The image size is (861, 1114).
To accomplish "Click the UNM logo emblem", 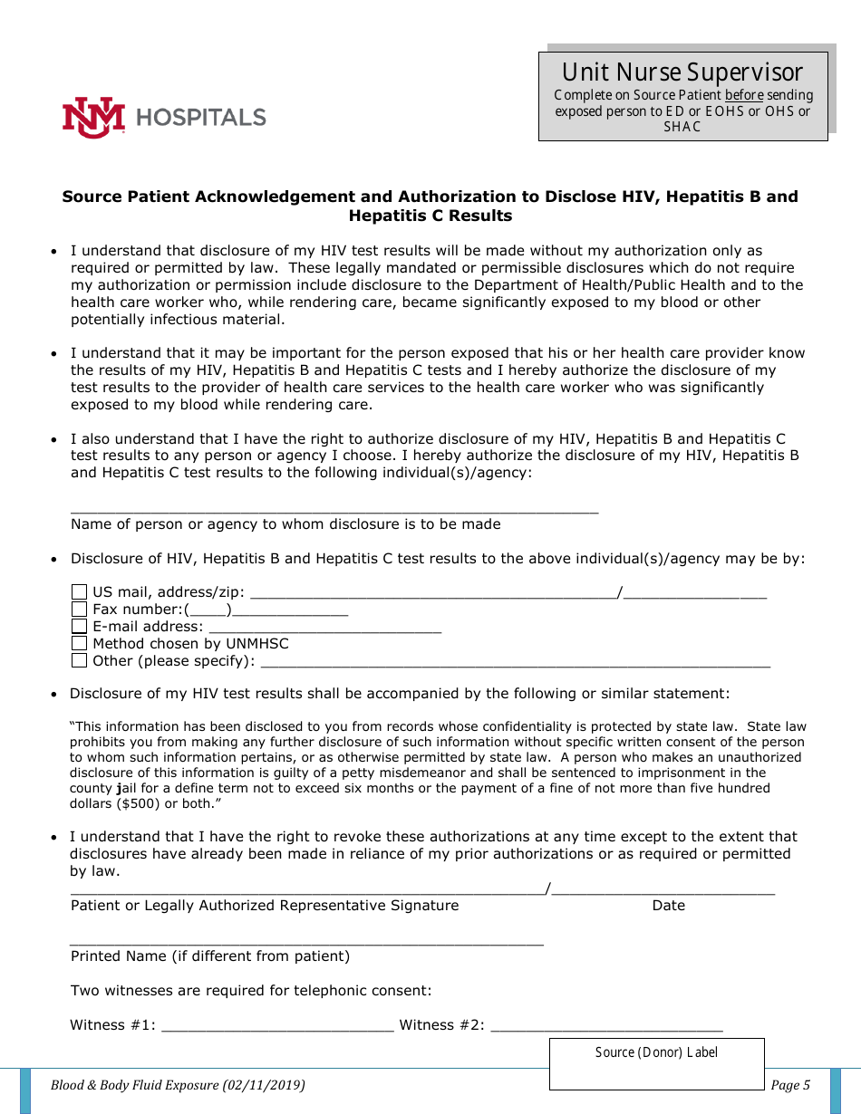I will tap(92, 117).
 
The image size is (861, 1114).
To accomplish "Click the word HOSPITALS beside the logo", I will tap(201, 117).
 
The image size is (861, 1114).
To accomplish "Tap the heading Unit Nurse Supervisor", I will tap(682, 72).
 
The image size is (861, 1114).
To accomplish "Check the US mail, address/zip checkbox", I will tap(80, 592).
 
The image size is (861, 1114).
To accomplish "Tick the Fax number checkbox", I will tap(80, 610).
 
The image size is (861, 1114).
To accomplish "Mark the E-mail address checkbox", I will tap(80, 627).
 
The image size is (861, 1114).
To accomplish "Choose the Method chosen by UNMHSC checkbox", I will tap(80, 644).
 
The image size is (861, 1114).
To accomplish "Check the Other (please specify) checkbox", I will tap(80, 661).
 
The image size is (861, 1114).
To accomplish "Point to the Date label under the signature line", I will tap(669, 906).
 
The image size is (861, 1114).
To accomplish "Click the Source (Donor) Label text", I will tap(656, 1052).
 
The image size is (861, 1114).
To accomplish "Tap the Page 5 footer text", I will tap(790, 1085).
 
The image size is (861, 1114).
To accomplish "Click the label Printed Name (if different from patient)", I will tap(210, 956).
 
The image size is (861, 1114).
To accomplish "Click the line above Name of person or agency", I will tap(334, 511).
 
